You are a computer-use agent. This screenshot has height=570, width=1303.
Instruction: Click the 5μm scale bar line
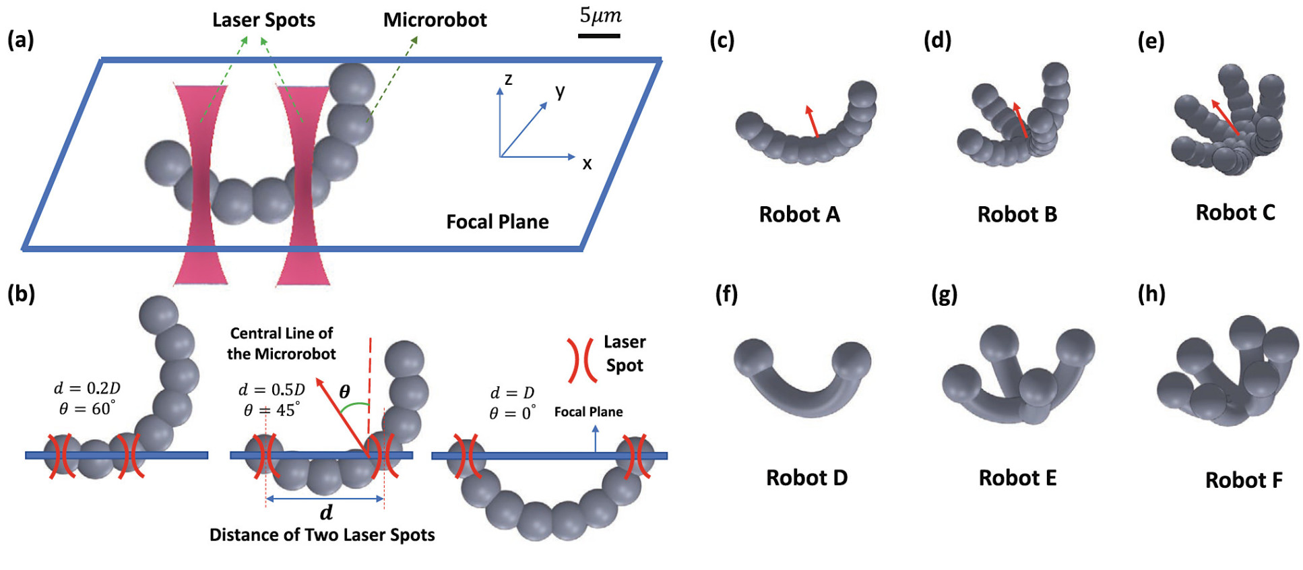point(598,35)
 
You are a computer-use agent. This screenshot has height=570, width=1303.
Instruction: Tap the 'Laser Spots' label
point(263,20)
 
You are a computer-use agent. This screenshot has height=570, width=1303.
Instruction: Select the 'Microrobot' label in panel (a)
point(435,20)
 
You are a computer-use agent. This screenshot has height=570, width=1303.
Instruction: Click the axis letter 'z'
point(508,80)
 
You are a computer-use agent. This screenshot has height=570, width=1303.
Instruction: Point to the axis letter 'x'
point(587,164)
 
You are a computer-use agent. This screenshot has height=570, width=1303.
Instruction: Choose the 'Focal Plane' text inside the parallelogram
point(497,222)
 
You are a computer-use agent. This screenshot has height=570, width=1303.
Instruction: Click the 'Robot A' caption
point(799,214)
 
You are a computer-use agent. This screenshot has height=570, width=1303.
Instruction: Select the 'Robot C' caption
point(1235,212)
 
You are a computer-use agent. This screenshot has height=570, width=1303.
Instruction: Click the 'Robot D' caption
point(806,478)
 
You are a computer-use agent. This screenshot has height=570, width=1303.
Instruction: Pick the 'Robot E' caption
point(1017,478)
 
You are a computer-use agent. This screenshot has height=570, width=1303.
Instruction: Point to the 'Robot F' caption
point(1243,480)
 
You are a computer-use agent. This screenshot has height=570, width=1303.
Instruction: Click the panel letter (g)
point(943,294)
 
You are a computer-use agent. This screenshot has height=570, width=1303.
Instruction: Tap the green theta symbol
point(344,392)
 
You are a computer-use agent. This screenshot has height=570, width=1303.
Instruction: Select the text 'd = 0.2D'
point(87,388)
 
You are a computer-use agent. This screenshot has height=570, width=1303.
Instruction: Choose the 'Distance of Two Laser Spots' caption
point(322,535)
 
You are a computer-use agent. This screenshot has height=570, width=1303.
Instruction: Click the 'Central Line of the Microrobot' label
point(281,344)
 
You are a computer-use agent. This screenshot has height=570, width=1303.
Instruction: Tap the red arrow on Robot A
point(812,121)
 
